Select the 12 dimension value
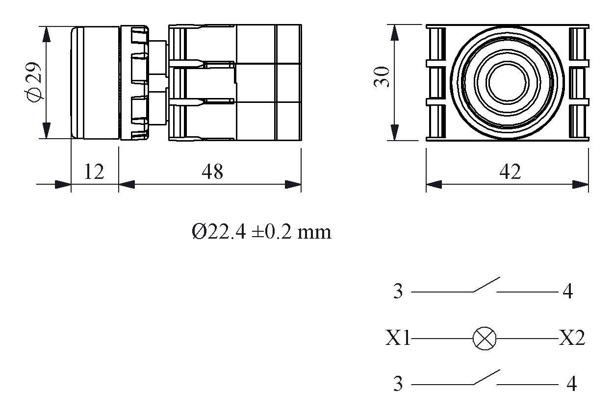pyautogui.click(x=94, y=171)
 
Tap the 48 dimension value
pyautogui.click(x=212, y=171)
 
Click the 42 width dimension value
pyautogui.click(x=510, y=171)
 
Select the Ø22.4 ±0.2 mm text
pyautogui.click(x=261, y=232)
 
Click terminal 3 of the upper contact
pyautogui.click(x=398, y=292)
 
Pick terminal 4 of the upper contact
pyautogui.click(x=567, y=292)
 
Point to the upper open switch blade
pyautogui.click(x=486, y=285)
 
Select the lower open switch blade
pyautogui.click(x=486, y=377)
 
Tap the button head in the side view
pyautogui.click(x=95, y=82)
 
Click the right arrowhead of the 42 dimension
pyautogui.click(x=581, y=184)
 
